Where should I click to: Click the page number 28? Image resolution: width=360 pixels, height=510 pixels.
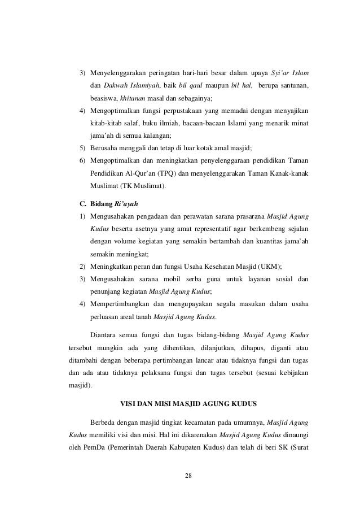tap(188, 474)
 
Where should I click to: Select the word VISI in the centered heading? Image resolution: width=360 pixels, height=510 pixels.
tap(130, 404)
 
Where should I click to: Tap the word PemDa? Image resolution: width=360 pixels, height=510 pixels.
tap(94, 449)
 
